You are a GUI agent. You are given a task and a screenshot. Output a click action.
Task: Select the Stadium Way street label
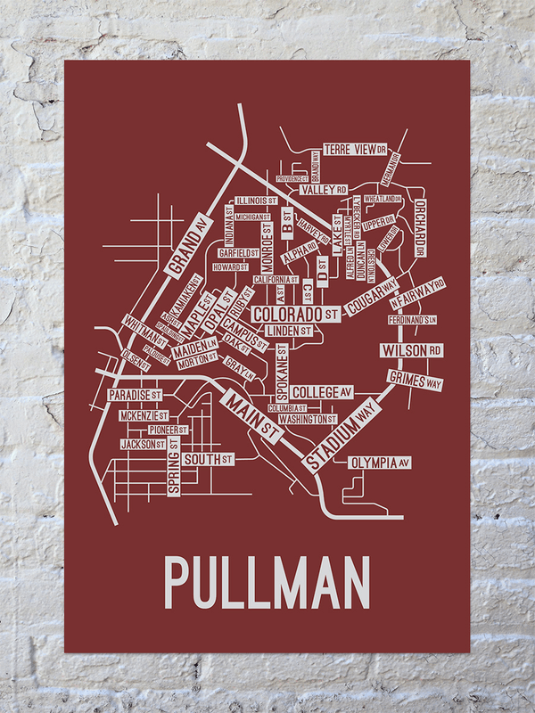342,434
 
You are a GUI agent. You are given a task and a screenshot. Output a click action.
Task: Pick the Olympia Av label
379,463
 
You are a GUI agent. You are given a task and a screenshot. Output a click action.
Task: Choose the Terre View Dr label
354,150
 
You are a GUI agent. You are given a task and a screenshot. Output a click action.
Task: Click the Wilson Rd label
412,349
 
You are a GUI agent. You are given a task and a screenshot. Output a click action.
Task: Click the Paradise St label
134,394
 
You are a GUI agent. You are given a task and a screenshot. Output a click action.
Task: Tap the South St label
207,460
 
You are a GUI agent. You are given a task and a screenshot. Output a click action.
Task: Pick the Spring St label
173,472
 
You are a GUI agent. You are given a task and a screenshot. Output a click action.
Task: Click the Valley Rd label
323,190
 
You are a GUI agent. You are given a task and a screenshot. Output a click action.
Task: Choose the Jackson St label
143,443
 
